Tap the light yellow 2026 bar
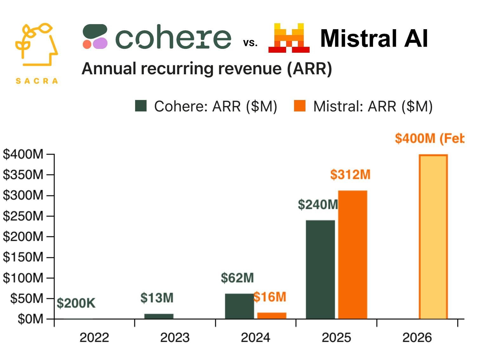pyautogui.click(x=433, y=237)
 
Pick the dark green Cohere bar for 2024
pyautogui.click(x=239, y=306)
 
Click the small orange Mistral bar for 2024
pyautogui.click(x=272, y=316)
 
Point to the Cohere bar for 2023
pyautogui.click(x=159, y=316)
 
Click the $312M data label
pyautogui.click(x=350, y=175)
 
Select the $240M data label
pyautogui.click(x=318, y=205)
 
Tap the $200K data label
pyautogui.click(x=76, y=303)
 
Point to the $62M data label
pyautogui.click(x=237, y=278)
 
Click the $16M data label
pyautogui.click(x=270, y=297)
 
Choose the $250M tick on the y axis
pyautogui.click(x=23, y=216)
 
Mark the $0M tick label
pyautogui.click(x=30, y=319)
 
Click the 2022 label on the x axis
pyautogui.click(x=94, y=337)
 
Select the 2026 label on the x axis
pyautogui.click(x=417, y=337)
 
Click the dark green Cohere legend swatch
pyautogui.click(x=141, y=106)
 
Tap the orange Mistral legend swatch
pyautogui.click(x=300, y=106)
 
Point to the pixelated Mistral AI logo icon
pyautogui.click(x=289, y=38)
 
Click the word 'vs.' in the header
pyautogui.click(x=250, y=43)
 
